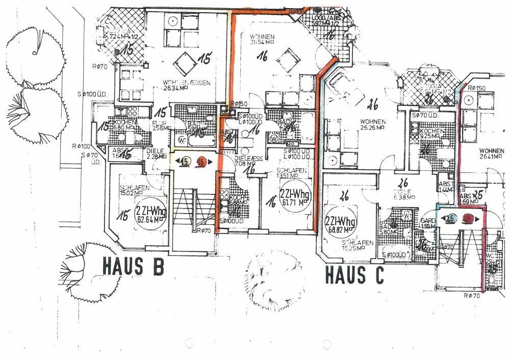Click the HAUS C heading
pos(354,275)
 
